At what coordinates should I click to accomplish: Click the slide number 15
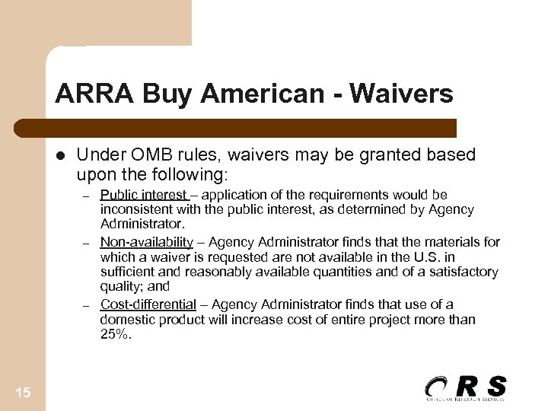pos(22,391)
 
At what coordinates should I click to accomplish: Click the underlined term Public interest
pos(144,195)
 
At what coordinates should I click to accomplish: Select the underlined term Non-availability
pos(147,242)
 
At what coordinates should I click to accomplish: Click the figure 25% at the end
pos(115,333)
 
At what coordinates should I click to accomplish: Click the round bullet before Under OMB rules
pos(61,156)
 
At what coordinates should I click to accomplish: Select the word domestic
pos(126,319)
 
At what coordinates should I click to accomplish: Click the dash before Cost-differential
pos(87,305)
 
